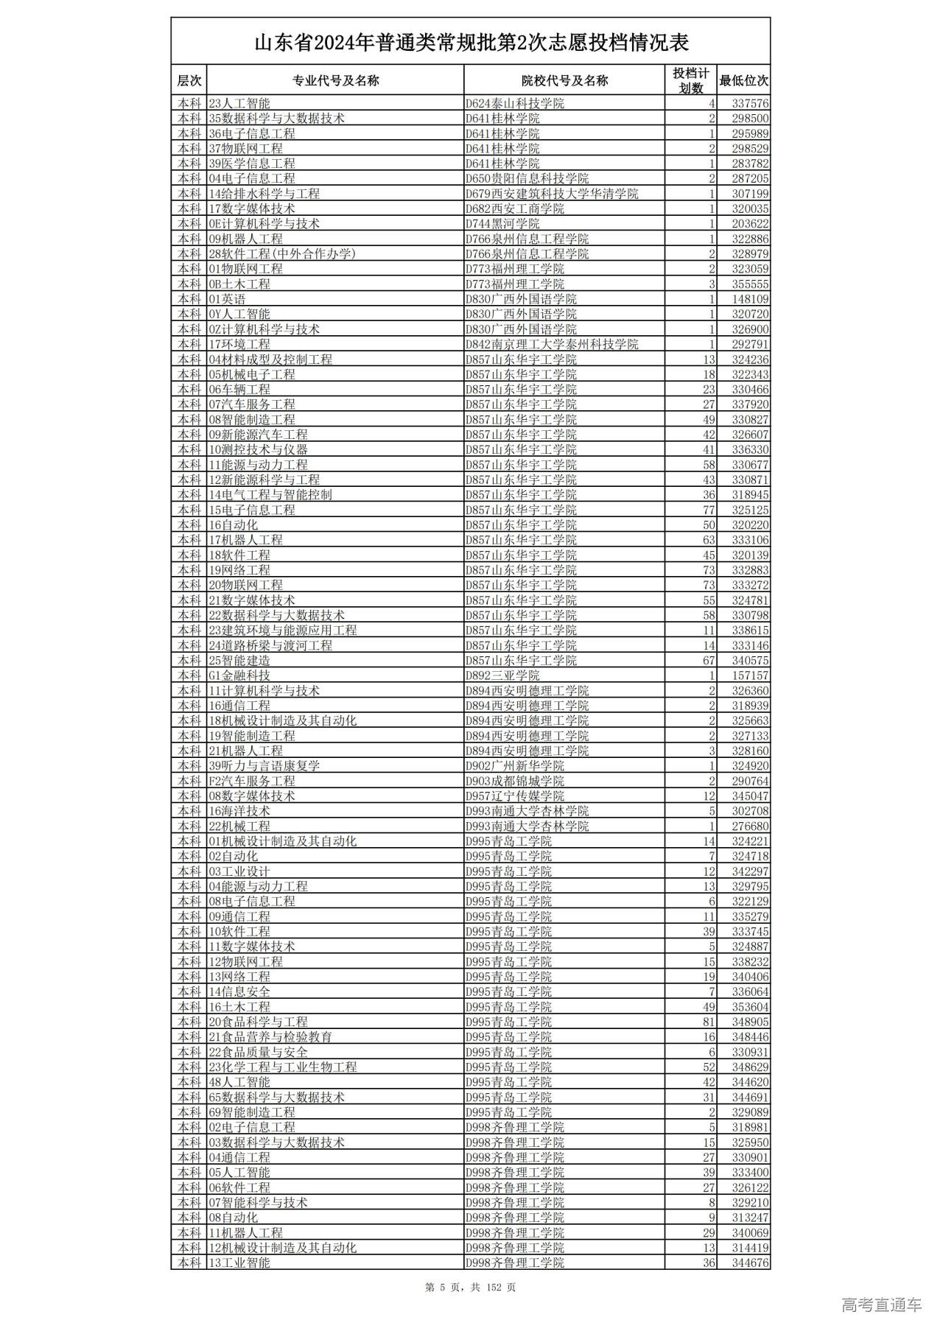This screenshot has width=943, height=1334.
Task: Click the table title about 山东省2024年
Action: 471,43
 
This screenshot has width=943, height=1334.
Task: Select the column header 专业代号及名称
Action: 335,81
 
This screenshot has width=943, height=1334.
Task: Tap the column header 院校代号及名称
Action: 564,81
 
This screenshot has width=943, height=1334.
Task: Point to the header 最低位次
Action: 743,81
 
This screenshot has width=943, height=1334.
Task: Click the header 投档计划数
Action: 690,81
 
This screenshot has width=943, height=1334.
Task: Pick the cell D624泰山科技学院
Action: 515,104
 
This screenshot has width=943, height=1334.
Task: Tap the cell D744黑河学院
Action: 502,224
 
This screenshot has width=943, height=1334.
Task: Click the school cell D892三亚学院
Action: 502,675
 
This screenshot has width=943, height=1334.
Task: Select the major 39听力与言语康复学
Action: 264,766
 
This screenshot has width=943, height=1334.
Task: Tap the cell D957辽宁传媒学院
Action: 515,796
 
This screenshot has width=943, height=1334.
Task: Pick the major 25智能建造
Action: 239,661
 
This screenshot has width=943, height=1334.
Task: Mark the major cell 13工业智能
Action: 239,1263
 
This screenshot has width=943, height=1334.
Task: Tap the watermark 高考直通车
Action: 881,1305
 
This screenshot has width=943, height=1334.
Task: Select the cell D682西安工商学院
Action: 515,209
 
